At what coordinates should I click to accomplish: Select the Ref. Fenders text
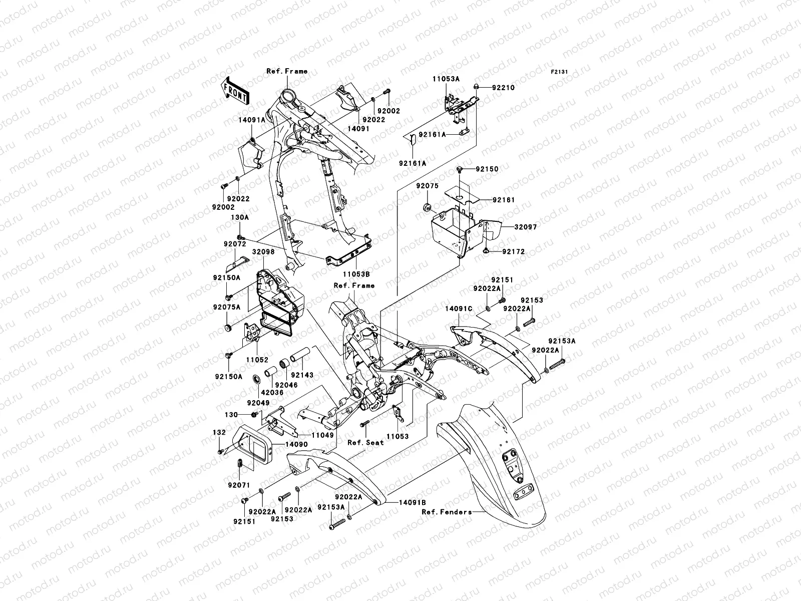pos(447,512)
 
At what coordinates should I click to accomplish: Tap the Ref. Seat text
pos(366,442)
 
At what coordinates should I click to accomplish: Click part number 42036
pos(272,393)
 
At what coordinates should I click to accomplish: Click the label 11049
pos(322,436)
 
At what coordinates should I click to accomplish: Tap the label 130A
pos(239,218)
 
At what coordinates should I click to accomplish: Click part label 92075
pos(427,186)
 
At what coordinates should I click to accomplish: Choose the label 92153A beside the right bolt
pos(561,341)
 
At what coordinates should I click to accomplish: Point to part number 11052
pos(256,360)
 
